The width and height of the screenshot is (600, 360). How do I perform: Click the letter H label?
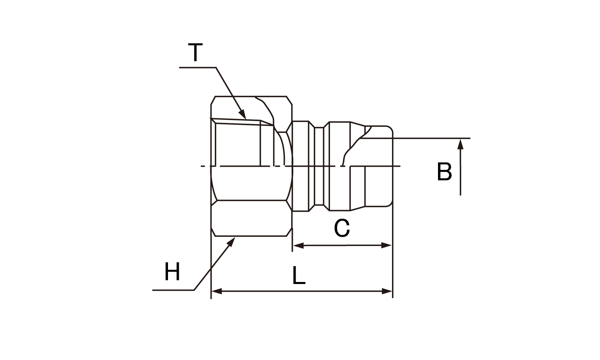pos(172,271)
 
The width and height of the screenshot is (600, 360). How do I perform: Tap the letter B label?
pos(444,172)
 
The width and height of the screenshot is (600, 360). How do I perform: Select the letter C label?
pos(342,228)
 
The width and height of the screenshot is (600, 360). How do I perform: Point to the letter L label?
pos(299,275)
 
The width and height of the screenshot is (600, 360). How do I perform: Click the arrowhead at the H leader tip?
pos(231,242)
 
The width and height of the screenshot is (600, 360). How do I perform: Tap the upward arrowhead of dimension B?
pos(460,144)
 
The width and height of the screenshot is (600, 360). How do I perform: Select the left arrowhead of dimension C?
pos(298,245)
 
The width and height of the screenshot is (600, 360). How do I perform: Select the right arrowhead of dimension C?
pos(386,245)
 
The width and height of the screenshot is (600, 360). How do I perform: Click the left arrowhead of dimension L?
pos(217,291)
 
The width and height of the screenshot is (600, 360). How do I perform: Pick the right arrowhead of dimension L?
pos(387,291)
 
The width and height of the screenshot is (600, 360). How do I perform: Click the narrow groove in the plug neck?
pos(319,166)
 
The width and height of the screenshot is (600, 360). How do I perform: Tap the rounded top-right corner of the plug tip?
pos(390,128)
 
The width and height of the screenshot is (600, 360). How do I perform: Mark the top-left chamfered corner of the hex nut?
pos(213,100)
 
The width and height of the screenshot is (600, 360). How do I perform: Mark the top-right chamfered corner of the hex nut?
pos(289,100)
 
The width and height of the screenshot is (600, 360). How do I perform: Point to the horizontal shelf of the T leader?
pos(198,68)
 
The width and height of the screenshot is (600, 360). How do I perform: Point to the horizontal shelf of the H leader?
pos(173,290)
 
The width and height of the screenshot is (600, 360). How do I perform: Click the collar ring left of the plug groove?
pos(300,166)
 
